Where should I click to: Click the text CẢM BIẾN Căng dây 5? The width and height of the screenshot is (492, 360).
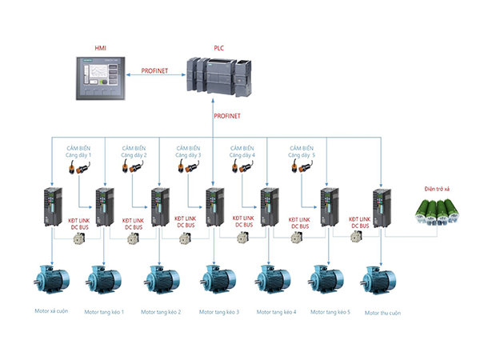pyautogui.click(x=302, y=151)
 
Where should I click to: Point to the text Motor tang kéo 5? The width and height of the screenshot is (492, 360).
pyautogui.click(x=330, y=311)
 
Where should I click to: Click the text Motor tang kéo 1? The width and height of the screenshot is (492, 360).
pyautogui.click(x=104, y=311)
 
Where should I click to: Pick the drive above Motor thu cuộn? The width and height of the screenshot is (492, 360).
pyautogui.click(x=382, y=210)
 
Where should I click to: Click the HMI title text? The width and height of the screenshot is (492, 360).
pyautogui.click(x=101, y=49)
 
